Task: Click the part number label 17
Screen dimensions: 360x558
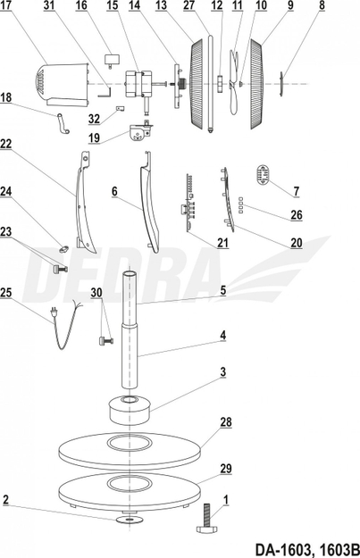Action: pyautogui.click(x=5, y=5)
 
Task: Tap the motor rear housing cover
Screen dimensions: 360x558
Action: pyautogui.click(x=63, y=85)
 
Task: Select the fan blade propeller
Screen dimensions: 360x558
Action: pyautogui.click(x=233, y=82)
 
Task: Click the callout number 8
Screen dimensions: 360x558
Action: pyautogui.click(x=322, y=5)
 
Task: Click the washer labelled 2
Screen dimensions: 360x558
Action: pyautogui.click(x=130, y=520)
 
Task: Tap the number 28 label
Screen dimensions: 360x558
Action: pyautogui.click(x=226, y=422)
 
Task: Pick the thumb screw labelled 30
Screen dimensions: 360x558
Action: pyautogui.click(x=105, y=341)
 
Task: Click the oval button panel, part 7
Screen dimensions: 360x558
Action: pyautogui.click(x=264, y=174)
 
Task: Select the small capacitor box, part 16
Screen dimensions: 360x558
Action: pyautogui.click(x=112, y=59)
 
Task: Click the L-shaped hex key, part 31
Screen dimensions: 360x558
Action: pyautogui.click(x=105, y=92)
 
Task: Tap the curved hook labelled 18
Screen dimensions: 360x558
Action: pyautogui.click(x=63, y=123)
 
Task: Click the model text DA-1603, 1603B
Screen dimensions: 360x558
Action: pyautogui.click(x=306, y=549)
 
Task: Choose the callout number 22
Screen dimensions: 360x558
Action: pyautogui.click(x=6, y=144)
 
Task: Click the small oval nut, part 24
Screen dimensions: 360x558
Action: pyautogui.click(x=64, y=249)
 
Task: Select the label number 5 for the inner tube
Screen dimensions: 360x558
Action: pyautogui.click(x=223, y=290)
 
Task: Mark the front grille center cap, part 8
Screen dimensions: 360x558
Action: pyautogui.click(x=281, y=83)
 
